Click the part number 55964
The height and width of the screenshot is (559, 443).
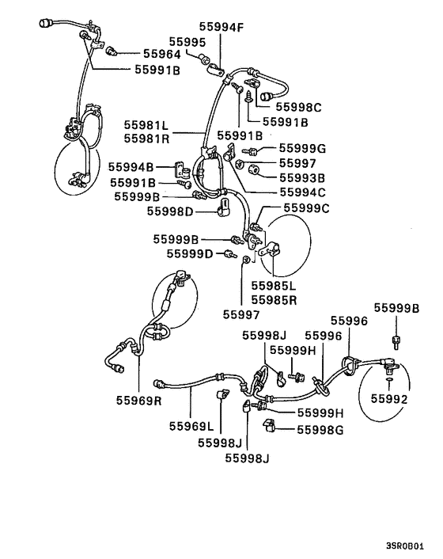(161, 55)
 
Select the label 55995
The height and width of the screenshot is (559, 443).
(187, 41)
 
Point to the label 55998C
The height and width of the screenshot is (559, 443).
(297, 107)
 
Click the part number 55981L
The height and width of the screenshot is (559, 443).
(146, 125)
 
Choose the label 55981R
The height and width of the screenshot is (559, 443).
(146, 139)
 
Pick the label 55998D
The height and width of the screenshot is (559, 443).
(171, 211)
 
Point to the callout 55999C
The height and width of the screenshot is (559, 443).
(306, 208)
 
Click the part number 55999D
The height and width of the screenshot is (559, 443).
(190, 253)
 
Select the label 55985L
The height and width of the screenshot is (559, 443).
(274, 286)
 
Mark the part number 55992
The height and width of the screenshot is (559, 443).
(391, 400)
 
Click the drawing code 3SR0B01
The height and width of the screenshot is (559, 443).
(410, 546)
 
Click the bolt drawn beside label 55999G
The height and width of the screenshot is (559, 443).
(249, 150)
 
